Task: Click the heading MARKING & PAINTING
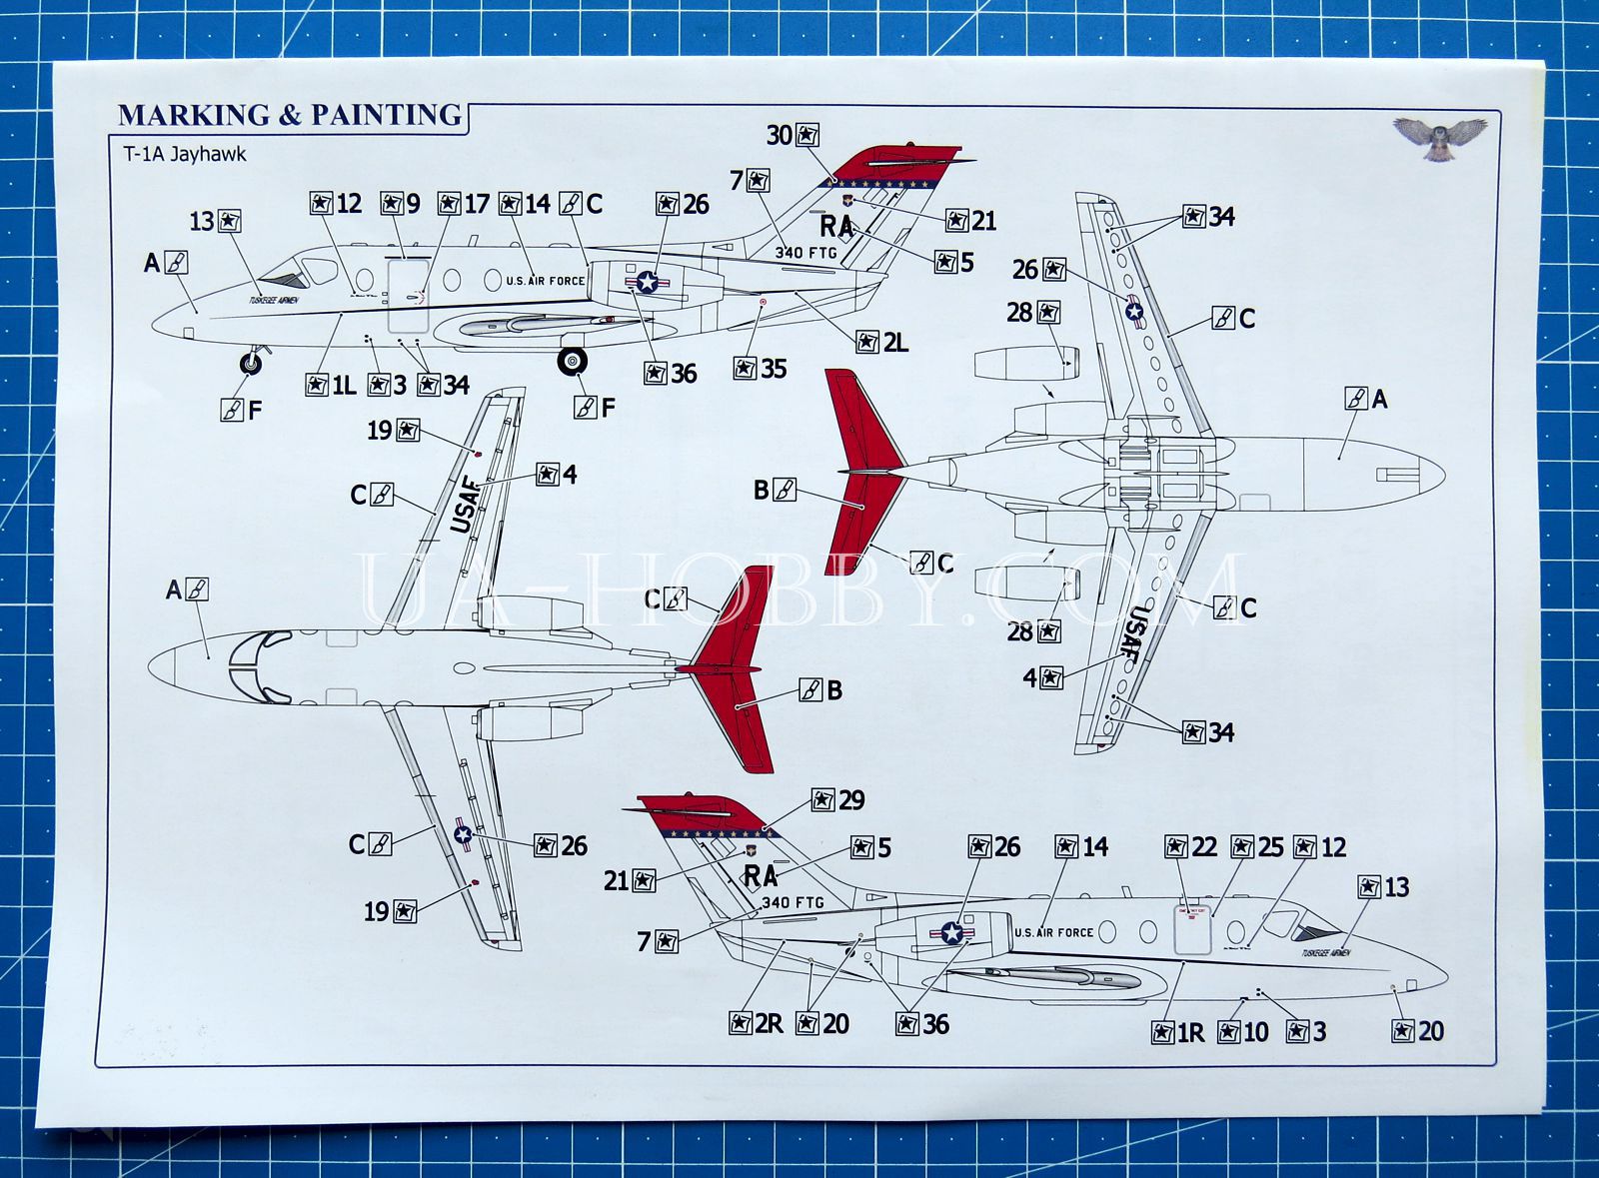pyautogui.click(x=290, y=116)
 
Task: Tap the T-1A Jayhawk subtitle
pyautogui.click(x=184, y=154)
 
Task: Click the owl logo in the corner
pyautogui.click(x=1440, y=137)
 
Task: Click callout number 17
pyautogui.click(x=464, y=204)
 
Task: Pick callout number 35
pyautogui.click(x=761, y=369)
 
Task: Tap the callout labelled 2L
pyautogui.click(x=882, y=343)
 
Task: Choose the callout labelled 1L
pyautogui.click(x=331, y=386)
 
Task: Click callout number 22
pyautogui.click(x=1191, y=847)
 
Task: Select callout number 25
pyautogui.click(x=1257, y=847)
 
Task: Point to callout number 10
pyautogui.click(x=1243, y=1032)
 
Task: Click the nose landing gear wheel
pyautogui.click(x=251, y=364)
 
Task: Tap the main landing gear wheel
pyautogui.click(x=573, y=362)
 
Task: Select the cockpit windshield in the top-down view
pyautogui.click(x=257, y=666)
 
